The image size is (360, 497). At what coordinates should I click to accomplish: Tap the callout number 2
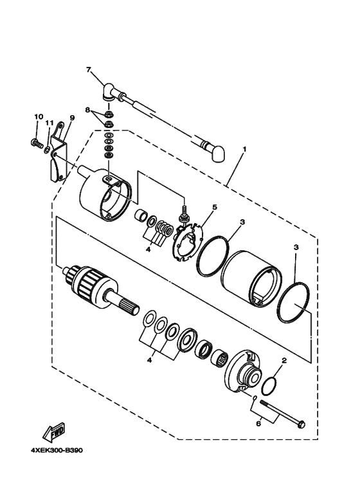click(x=283, y=361)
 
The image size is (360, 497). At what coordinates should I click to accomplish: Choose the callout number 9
click(x=72, y=118)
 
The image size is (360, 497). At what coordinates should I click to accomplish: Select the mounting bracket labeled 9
click(x=59, y=155)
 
